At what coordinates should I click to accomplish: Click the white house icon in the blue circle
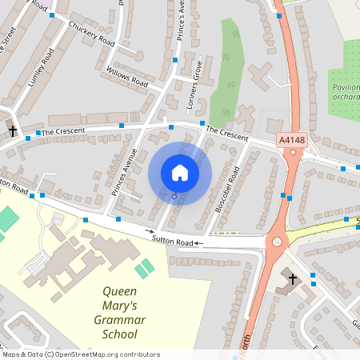[x=180, y=172]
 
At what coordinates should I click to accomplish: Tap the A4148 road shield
[x=292, y=140]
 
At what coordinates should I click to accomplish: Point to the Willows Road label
[x=127, y=77]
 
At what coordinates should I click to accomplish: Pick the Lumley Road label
[x=39, y=71]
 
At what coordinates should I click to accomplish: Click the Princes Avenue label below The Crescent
[x=125, y=172]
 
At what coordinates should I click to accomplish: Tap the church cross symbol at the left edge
[x=13, y=130]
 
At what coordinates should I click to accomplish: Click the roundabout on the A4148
[x=278, y=241]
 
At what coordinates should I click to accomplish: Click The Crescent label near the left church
[x=62, y=131]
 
